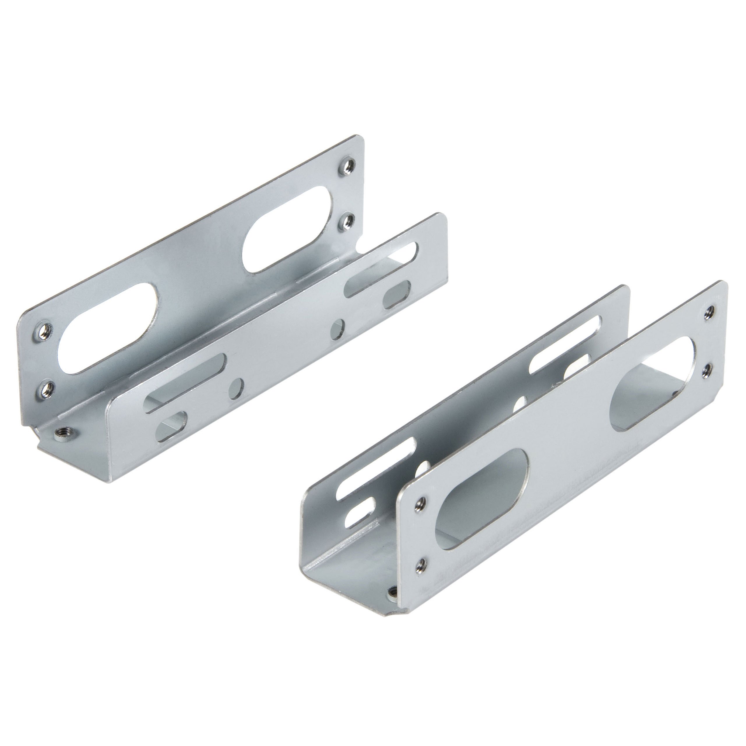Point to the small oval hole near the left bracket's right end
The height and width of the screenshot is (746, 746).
click(397, 294)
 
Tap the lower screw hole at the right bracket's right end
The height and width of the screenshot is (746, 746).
click(706, 371)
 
